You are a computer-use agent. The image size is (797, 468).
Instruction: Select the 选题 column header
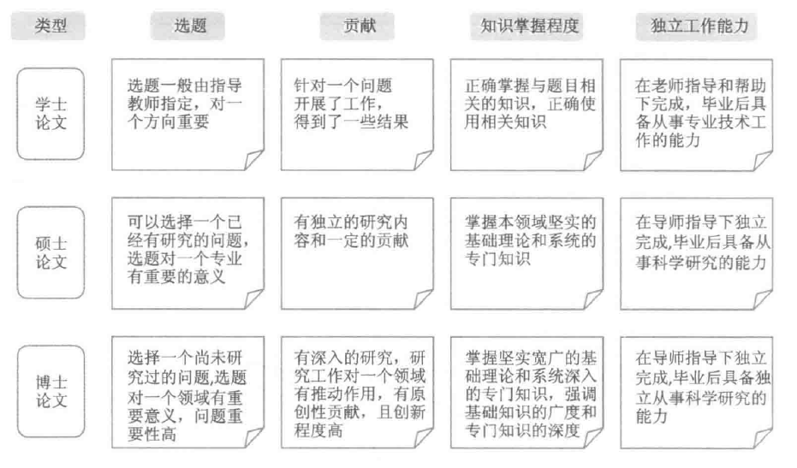tap(187, 26)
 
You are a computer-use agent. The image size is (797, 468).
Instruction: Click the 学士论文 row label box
tap(51, 114)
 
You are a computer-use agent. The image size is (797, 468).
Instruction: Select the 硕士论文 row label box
tap(51, 252)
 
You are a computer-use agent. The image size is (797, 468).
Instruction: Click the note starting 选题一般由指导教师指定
tap(187, 114)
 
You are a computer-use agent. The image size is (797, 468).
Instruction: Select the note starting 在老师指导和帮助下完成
tap(695, 114)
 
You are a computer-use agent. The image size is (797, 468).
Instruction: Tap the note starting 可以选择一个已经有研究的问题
tap(187, 252)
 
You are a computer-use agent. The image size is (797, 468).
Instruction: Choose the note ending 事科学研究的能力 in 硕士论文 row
tap(695, 252)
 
